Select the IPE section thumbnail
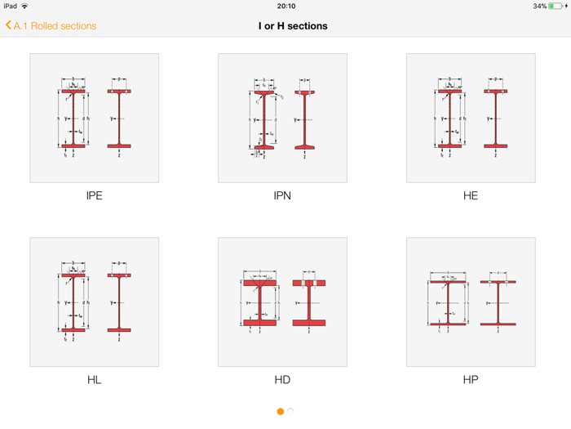coord(95,118)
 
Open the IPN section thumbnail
coord(282,118)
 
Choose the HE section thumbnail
coord(471,118)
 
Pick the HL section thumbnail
coord(95,302)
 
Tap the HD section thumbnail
coord(282,302)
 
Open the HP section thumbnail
coord(471,302)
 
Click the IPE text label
coord(95,196)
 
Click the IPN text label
coord(282,196)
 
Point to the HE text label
coord(471,196)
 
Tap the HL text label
coord(95,380)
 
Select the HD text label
coord(282,380)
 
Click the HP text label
coord(471,380)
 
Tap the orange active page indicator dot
coord(281,411)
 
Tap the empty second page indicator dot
coord(291,411)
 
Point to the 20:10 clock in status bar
coord(286,6)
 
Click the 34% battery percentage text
coord(539,6)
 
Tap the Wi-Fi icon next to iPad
coord(24,6)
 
